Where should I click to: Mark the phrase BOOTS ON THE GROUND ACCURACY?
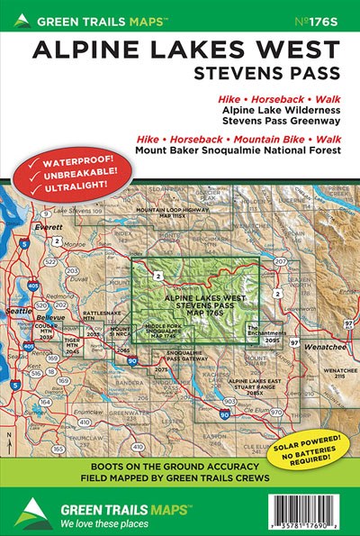(x=180, y=468)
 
